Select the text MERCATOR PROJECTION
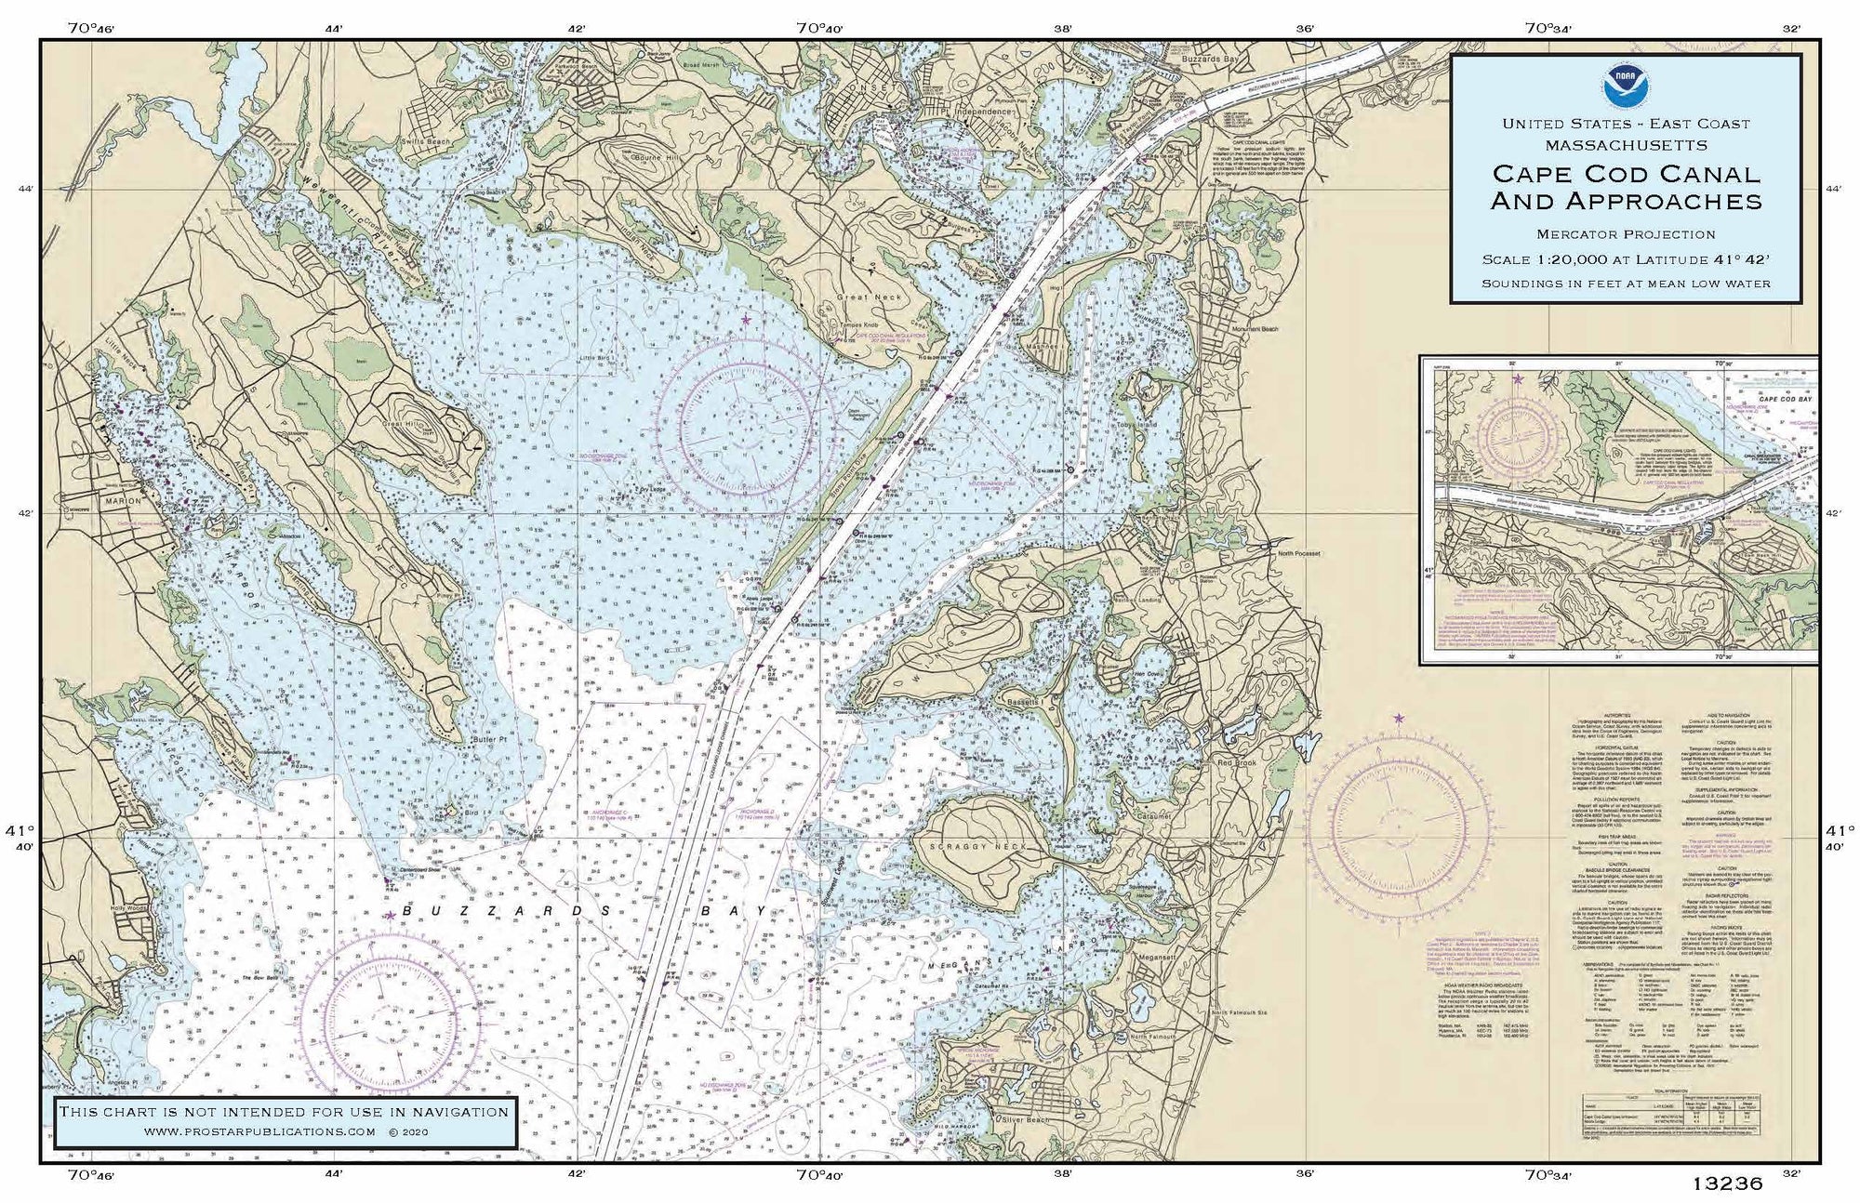(x=1626, y=234)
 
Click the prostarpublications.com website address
(x=260, y=1131)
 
